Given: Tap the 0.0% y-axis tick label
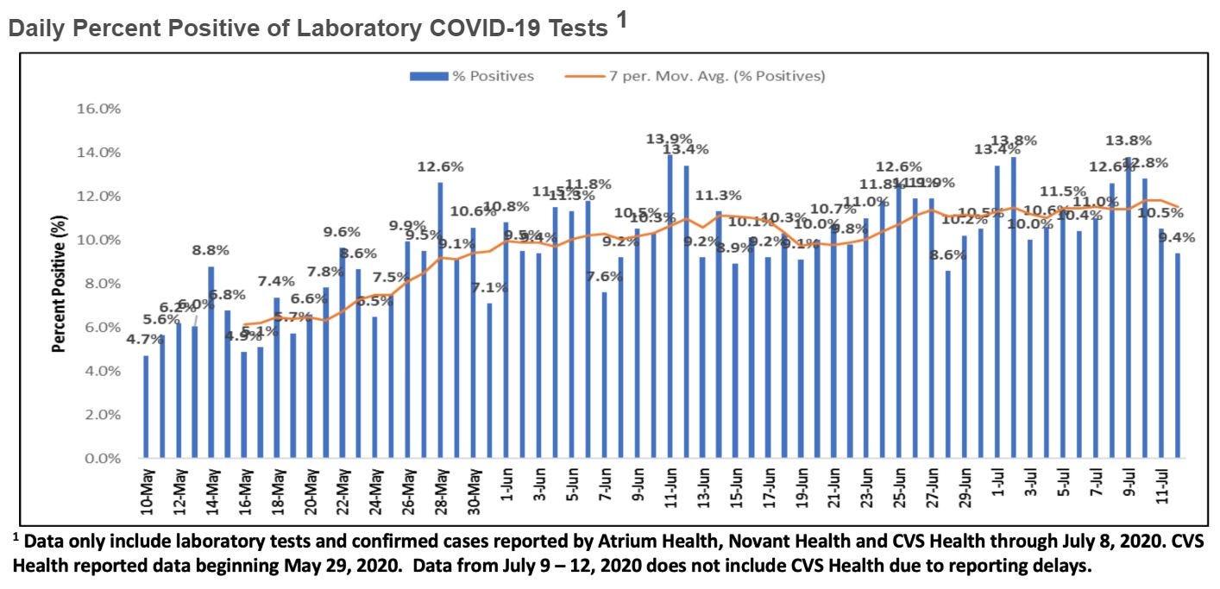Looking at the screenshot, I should [104, 459].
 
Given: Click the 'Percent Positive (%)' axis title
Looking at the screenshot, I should [60, 285].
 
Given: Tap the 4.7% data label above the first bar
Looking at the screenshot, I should [144, 340].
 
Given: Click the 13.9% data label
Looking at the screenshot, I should [667, 138].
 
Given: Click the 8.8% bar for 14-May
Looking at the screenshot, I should [211, 362].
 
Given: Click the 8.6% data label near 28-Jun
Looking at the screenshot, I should [948, 255].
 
